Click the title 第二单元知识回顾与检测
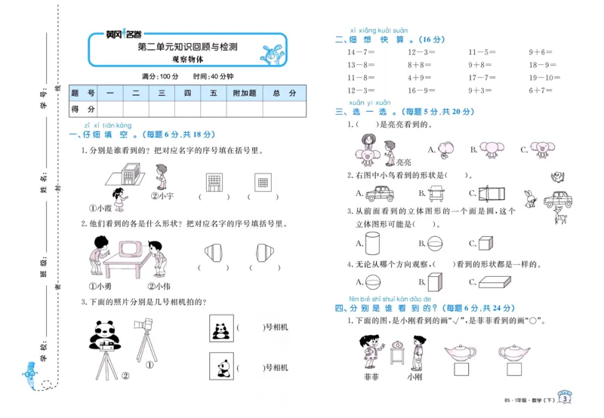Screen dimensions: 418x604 click(x=187, y=47)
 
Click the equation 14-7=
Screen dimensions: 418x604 click(x=359, y=52)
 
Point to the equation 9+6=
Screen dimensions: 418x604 click(x=541, y=52)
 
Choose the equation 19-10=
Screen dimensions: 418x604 click(x=541, y=77)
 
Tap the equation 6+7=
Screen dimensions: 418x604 click(x=541, y=90)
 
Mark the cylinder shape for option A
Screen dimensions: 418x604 click(x=373, y=242)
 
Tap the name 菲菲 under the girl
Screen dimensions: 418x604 click(x=369, y=376)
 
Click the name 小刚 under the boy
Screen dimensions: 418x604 click(x=414, y=376)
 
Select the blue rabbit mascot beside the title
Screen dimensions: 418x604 click(x=270, y=54)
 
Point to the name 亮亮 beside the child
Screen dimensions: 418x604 click(x=404, y=161)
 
